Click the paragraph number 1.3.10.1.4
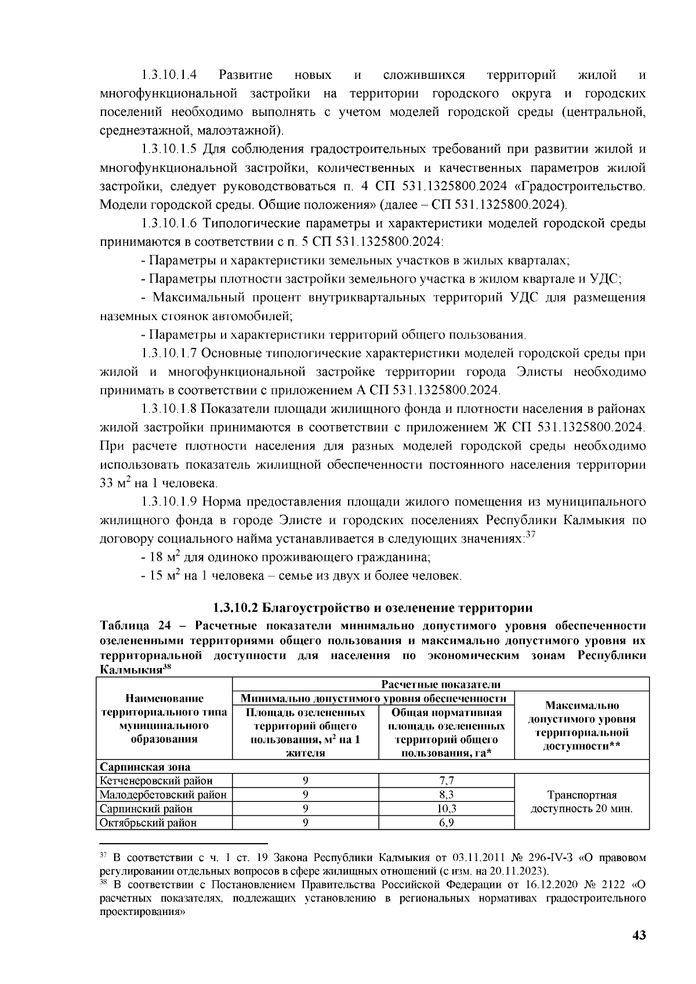[x=168, y=75]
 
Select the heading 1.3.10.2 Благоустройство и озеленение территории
[x=372, y=608]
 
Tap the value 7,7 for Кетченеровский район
[x=447, y=781]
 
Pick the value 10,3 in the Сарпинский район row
[x=447, y=809]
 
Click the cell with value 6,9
[x=447, y=823]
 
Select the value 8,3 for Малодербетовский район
[x=447, y=795]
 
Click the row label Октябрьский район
[x=148, y=823]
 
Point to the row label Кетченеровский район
[x=156, y=781]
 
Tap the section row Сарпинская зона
[x=145, y=767]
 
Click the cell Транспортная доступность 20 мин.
[x=581, y=802]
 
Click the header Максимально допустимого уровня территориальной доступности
[x=581, y=725]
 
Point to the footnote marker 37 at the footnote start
[x=104, y=856]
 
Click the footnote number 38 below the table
[x=104, y=884]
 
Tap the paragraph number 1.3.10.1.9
[x=168, y=502]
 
